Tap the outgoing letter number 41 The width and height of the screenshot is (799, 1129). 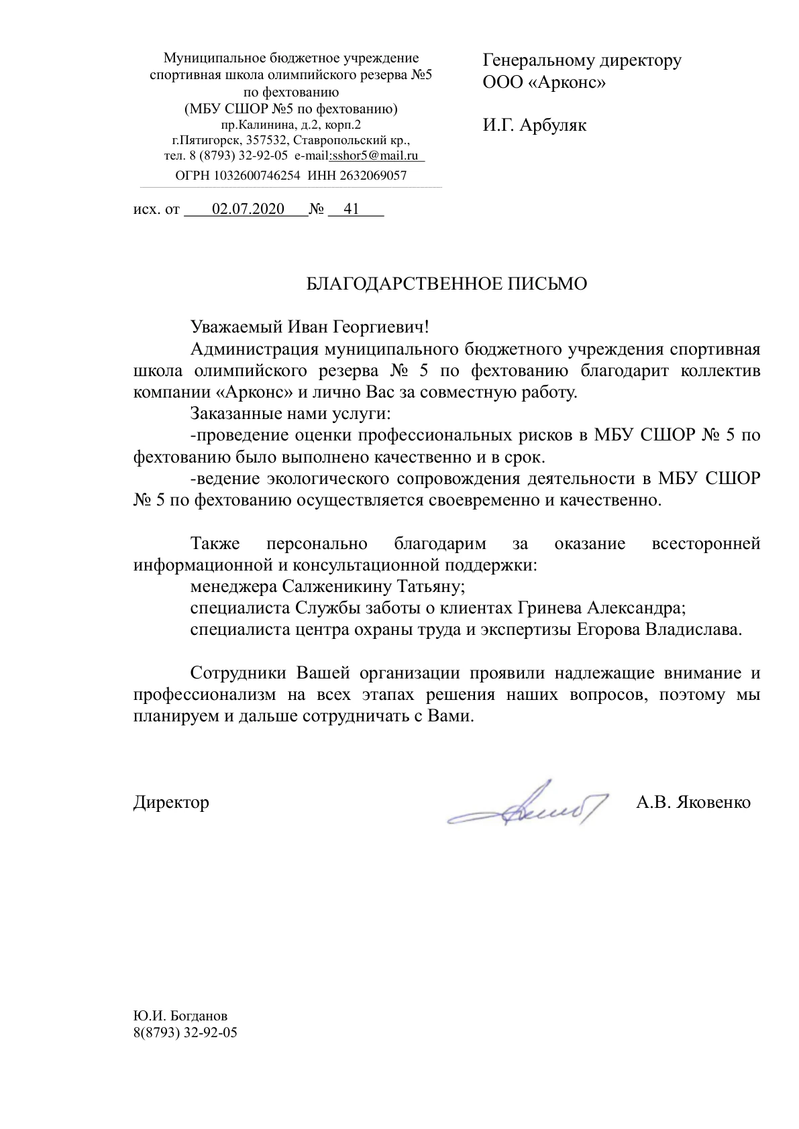(351, 209)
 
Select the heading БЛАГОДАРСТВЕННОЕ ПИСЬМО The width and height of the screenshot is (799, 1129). (446, 284)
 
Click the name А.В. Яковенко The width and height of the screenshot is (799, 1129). (693, 803)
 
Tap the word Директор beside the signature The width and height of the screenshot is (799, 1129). (171, 803)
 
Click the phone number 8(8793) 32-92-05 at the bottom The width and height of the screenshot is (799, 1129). (185, 1032)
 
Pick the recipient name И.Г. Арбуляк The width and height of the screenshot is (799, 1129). (534, 125)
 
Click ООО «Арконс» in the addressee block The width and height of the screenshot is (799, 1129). (544, 83)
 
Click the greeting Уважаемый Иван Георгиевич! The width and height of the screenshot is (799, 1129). (309, 328)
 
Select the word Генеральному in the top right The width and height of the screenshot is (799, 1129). (539, 61)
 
